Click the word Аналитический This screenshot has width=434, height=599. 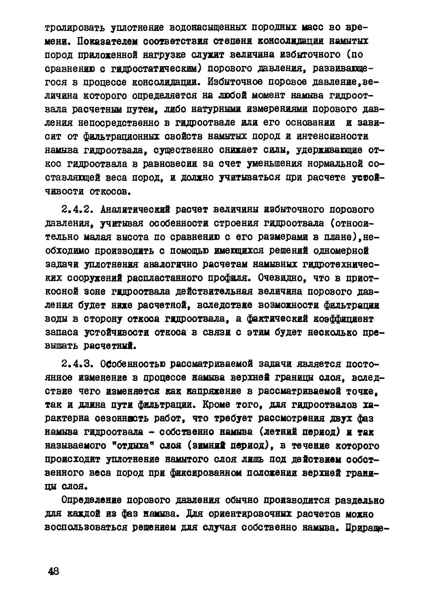135,210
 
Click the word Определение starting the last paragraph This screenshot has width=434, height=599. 91,500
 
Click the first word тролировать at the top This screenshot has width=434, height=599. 75,27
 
